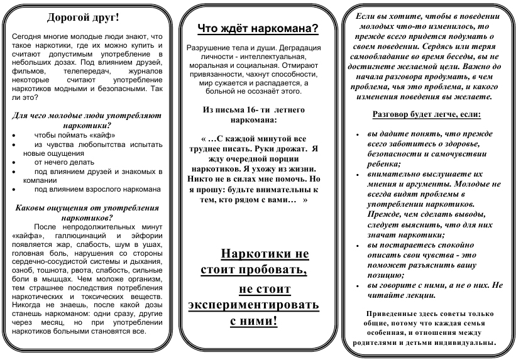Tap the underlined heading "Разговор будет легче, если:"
tap(426, 115)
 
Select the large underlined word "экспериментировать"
tap(253, 305)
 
